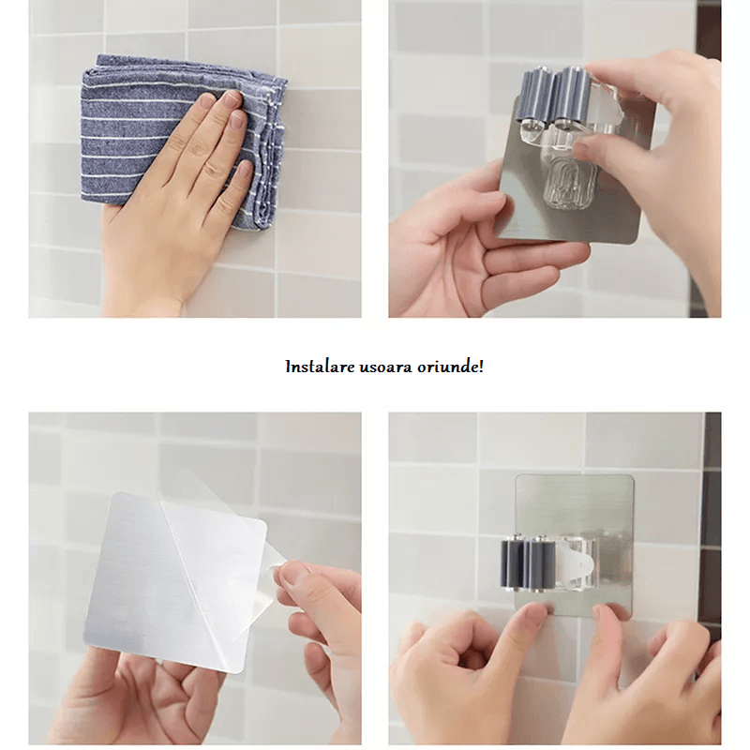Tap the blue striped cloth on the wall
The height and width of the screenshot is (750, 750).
tap(184, 139)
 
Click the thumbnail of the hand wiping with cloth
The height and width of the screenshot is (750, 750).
tap(195, 158)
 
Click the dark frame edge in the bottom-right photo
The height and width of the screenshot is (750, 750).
tap(712, 526)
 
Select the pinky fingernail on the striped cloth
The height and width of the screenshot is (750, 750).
tap(246, 170)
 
